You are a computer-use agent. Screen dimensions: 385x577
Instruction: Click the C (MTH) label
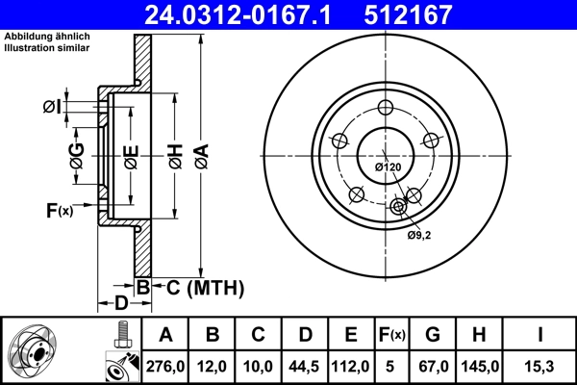199,287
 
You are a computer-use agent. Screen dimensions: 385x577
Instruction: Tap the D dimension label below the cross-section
121,304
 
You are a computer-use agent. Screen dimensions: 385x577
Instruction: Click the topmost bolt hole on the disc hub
387,108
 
